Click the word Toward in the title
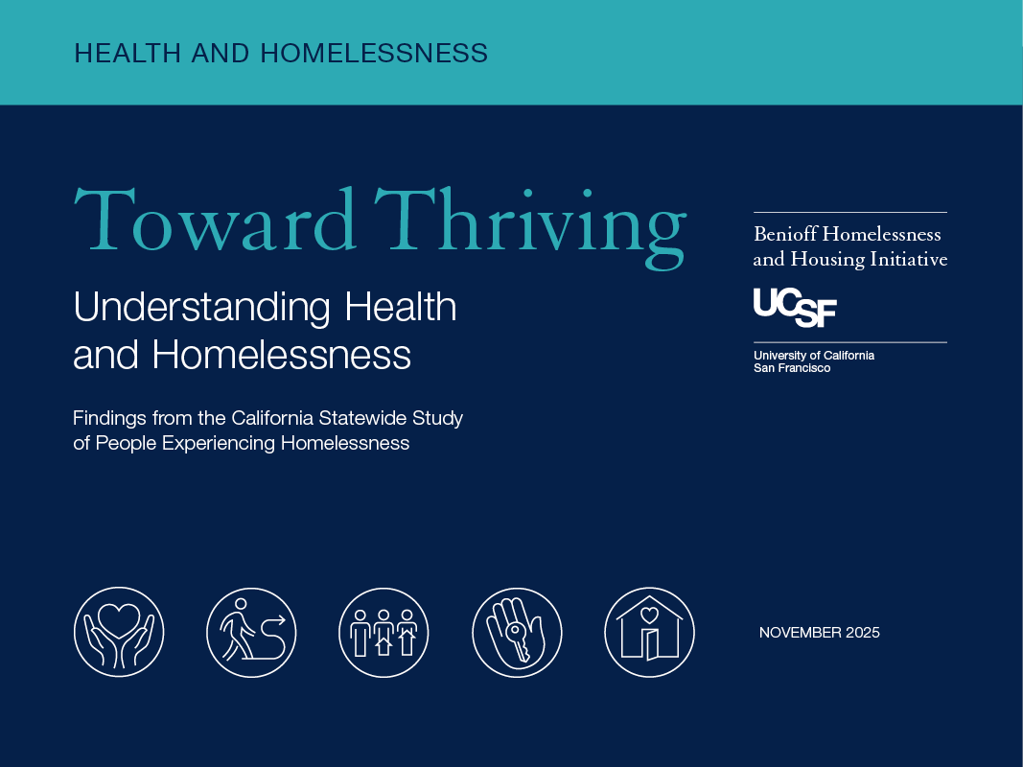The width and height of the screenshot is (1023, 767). [215, 220]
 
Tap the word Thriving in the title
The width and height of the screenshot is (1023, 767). [530, 227]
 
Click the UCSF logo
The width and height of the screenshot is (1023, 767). [795, 307]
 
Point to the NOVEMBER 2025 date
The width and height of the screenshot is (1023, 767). [820, 633]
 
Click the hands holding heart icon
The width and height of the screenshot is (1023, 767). [119, 632]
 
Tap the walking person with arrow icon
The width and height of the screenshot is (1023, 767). [251, 632]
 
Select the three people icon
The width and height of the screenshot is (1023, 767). [384, 632]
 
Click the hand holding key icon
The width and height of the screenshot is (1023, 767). [517, 632]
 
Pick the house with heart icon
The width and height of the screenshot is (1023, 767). [649, 632]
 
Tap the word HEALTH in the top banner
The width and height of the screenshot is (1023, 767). [128, 54]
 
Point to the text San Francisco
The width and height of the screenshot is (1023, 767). [792, 368]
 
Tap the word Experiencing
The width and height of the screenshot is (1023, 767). [219, 444]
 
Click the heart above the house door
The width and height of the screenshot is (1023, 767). [649, 615]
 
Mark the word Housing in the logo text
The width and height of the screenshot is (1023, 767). [827, 260]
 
